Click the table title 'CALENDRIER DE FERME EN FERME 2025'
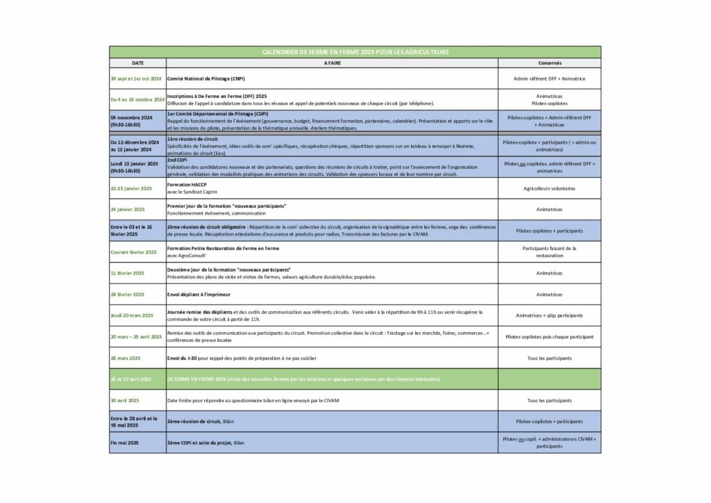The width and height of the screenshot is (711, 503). tap(355, 52)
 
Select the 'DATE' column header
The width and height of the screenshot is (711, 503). tap(137, 63)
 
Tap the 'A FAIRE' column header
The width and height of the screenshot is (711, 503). tap(332, 63)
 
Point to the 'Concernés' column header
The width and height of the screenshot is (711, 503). tap(549, 63)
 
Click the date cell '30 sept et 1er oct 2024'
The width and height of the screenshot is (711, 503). tap(136, 79)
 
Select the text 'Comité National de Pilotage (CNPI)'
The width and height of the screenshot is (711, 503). tap(206, 79)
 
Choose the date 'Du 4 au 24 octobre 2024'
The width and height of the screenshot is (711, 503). tap(137, 100)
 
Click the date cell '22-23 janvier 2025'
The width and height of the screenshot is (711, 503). tap(131, 188)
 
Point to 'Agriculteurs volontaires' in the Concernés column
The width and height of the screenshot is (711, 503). tap(549, 188)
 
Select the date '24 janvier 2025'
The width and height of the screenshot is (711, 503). tap(128, 209)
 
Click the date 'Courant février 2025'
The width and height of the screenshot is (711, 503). tap(134, 252)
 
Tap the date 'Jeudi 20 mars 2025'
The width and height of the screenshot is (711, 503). tap(132, 315)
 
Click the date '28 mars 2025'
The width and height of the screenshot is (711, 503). tap(126, 358)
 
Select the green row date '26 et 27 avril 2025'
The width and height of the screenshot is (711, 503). tap(131, 379)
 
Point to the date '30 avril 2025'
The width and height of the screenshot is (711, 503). tap(125, 400)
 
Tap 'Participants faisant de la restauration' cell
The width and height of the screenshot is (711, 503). tap(549, 251)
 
